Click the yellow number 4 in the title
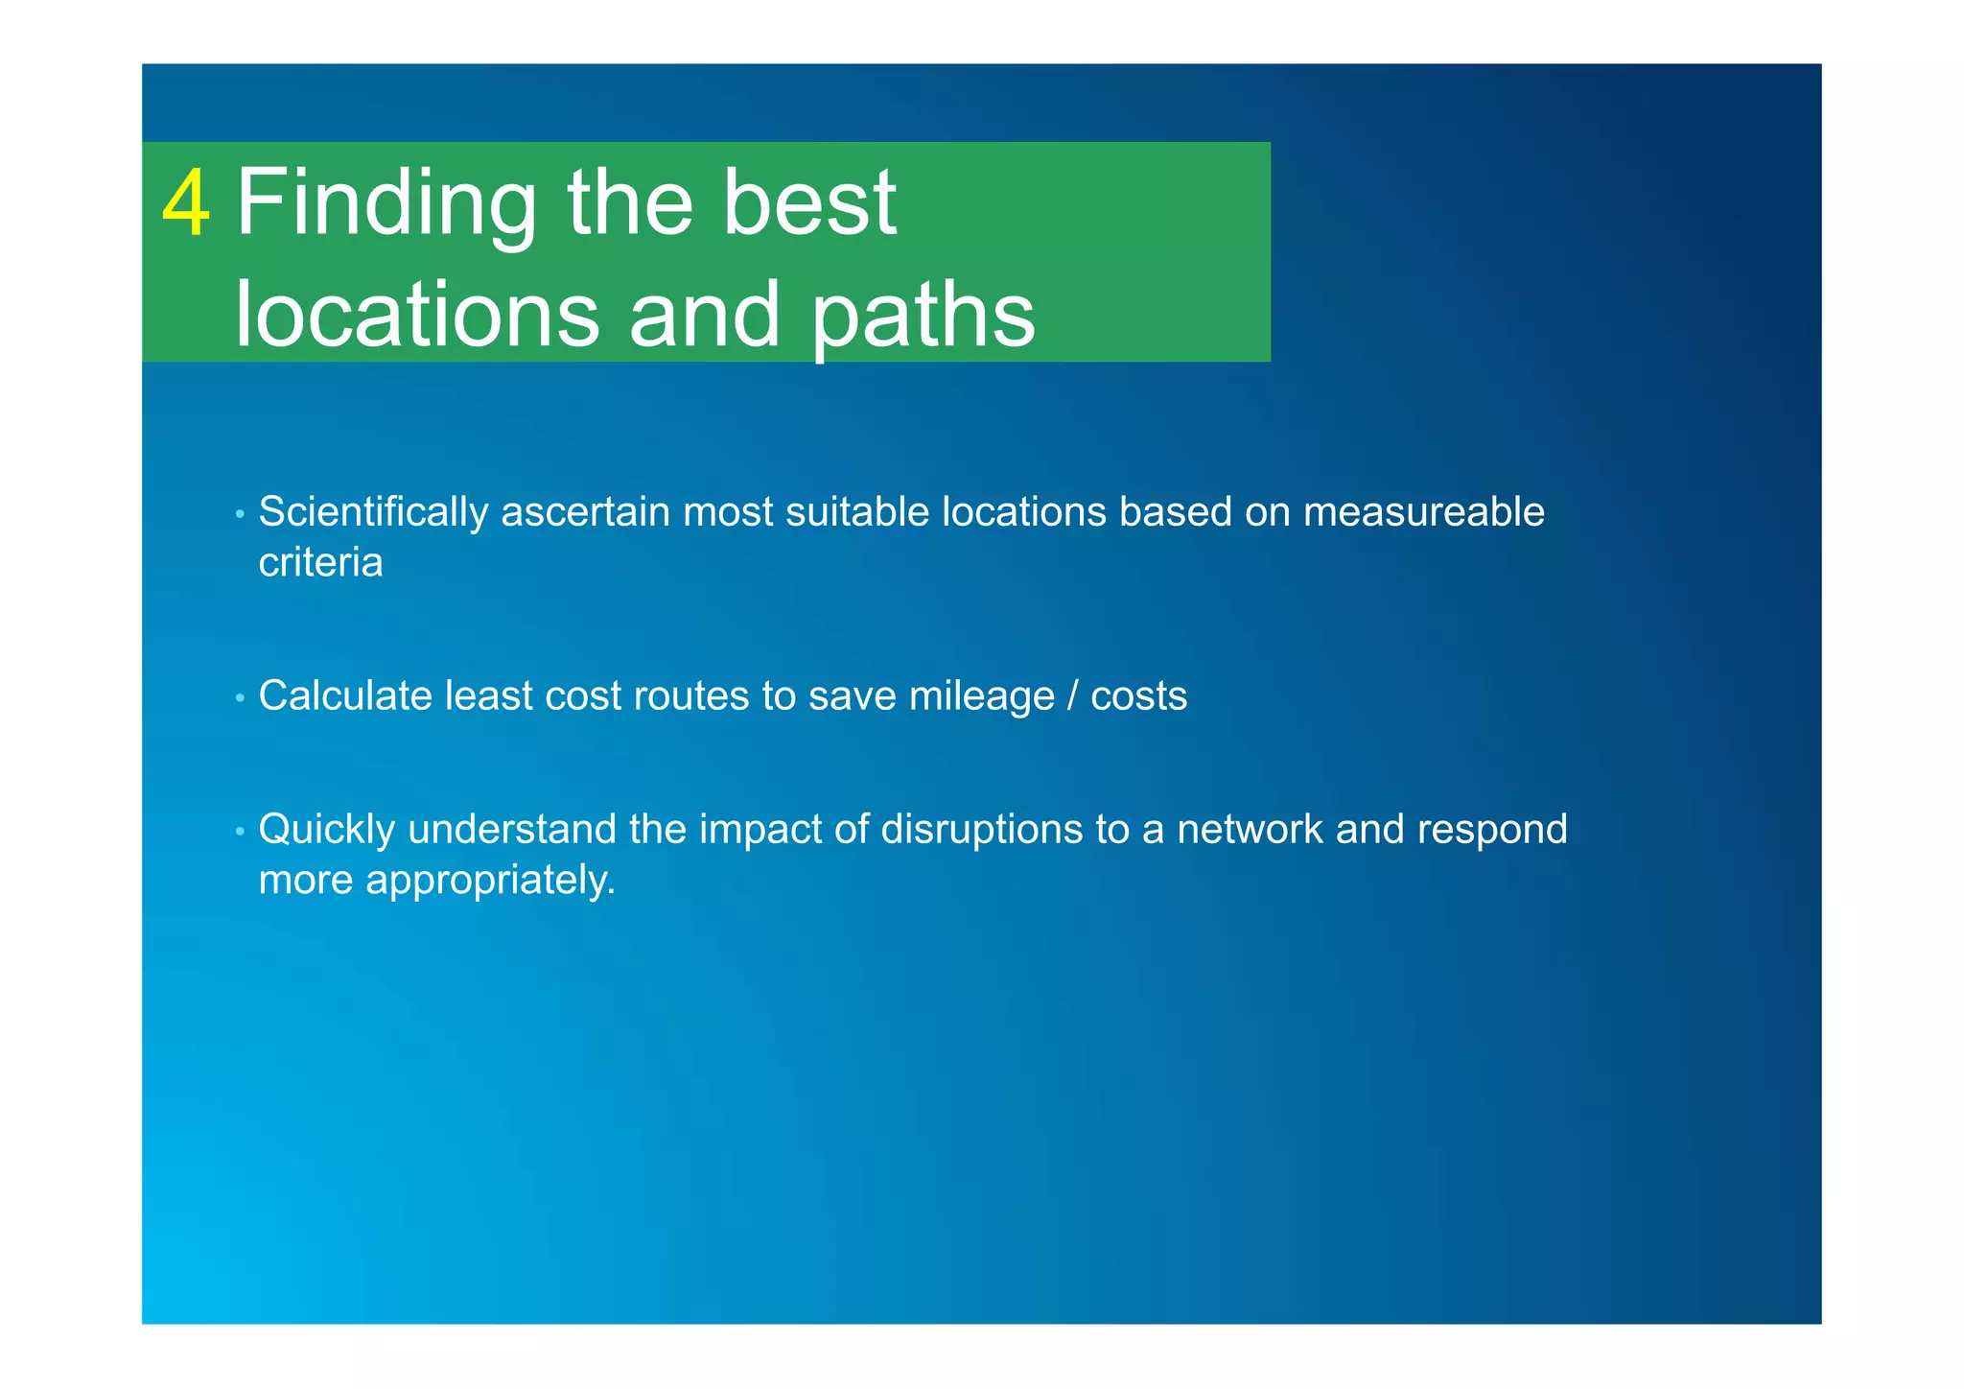186,203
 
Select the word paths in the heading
924,315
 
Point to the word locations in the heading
417,315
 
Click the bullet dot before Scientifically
240,515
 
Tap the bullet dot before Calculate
240,698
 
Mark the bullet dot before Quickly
240,832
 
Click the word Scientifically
373,513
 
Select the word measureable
1423,512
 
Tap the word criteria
320,563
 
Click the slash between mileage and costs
1072,696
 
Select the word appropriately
490,881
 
